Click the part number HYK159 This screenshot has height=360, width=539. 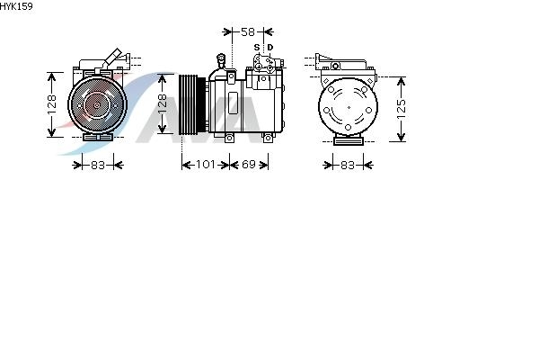point(16,6)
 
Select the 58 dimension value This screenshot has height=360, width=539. point(248,32)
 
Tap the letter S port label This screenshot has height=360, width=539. point(257,47)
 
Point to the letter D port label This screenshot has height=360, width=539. point(270,47)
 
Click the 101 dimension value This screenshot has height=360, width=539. point(205,165)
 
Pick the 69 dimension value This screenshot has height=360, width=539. point(249,165)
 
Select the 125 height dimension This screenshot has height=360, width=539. point(402,109)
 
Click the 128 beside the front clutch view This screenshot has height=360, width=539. point(52,104)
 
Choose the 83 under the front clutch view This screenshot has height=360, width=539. point(98,166)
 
